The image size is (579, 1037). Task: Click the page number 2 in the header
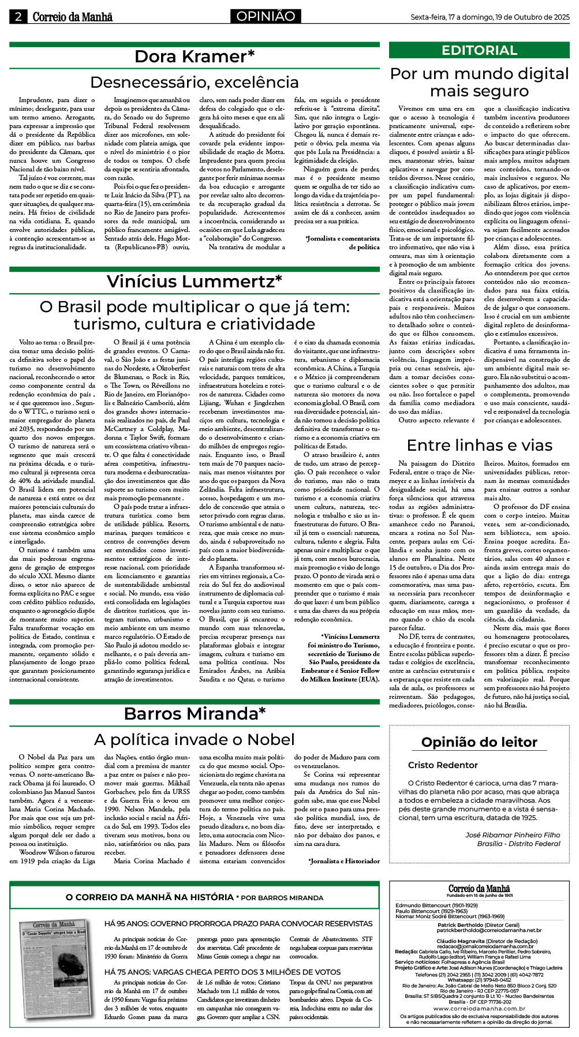tap(18, 17)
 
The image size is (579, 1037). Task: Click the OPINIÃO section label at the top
tap(266, 16)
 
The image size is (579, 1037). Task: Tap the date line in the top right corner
tap(490, 17)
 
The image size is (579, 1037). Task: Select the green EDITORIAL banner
tap(479, 50)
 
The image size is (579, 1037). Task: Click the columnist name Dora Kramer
tap(195, 57)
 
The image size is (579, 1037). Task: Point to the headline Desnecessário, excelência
tap(195, 82)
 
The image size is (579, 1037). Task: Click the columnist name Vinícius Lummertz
tap(195, 281)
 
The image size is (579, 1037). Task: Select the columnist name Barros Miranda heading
tap(195, 713)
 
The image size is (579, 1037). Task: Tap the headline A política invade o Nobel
tap(195, 739)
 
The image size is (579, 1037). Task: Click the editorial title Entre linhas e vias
tap(479, 445)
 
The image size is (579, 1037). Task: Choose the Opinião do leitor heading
tap(479, 742)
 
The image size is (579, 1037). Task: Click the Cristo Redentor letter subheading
tap(443, 765)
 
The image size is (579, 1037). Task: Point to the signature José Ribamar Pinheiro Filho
tap(513, 835)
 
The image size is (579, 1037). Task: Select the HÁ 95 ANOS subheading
tap(238, 924)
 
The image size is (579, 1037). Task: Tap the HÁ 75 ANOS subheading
tap(222, 972)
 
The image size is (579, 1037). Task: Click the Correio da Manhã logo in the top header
tap(72, 17)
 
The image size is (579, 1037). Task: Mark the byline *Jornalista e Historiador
tap(344, 861)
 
